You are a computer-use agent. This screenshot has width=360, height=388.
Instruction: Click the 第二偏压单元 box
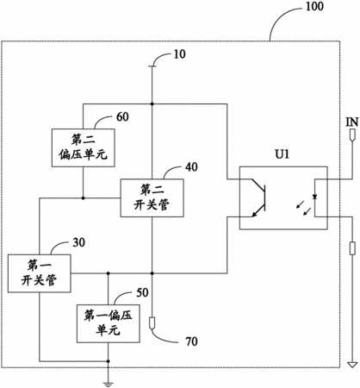tap(84, 147)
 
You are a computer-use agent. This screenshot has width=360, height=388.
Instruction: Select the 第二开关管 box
tap(152, 197)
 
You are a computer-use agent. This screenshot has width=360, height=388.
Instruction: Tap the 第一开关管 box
tap(39, 273)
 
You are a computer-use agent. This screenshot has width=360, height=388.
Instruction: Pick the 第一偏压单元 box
tap(109, 323)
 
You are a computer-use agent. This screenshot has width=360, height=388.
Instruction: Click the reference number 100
tap(314, 6)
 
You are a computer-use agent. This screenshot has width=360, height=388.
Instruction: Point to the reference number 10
tap(180, 54)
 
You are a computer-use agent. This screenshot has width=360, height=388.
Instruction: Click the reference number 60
tap(122, 116)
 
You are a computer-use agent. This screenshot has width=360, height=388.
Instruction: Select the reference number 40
tap(191, 167)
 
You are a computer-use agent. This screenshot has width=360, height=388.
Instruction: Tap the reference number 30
tap(78, 242)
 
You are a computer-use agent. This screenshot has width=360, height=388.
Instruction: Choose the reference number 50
tap(142, 292)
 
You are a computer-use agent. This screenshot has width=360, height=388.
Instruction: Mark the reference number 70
tap(191, 341)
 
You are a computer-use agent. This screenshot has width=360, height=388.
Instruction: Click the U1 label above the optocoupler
tap(282, 154)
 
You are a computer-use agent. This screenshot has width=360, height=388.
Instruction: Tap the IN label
tap(352, 122)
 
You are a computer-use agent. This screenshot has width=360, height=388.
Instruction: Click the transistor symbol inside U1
tap(258, 197)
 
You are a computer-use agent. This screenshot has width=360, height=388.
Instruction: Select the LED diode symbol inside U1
tap(315, 197)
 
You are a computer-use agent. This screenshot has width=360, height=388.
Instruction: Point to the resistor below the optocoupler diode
tap(352, 248)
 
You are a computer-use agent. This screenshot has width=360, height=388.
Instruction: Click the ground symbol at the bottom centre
tap(108, 384)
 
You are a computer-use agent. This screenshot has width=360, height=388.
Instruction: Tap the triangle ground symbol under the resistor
tap(352, 365)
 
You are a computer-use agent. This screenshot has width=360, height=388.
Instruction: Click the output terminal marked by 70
tap(152, 323)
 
